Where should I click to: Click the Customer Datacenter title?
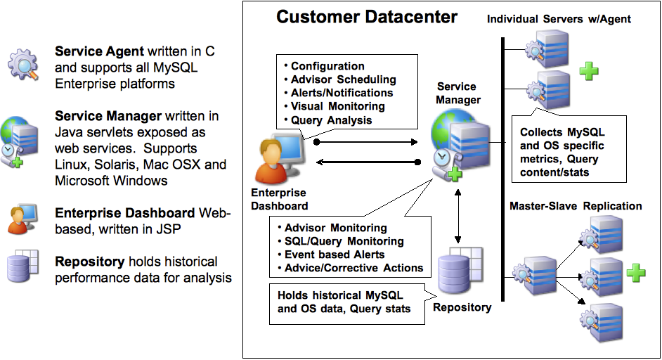(366, 17)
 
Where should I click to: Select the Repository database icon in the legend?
(21, 268)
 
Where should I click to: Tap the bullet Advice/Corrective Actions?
(353, 268)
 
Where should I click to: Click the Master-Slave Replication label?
(576, 206)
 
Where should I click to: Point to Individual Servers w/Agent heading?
(559, 19)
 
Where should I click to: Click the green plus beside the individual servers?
(588, 70)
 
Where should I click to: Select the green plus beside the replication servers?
(635, 273)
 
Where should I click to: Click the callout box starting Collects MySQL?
(562, 152)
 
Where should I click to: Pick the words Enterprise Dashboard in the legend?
(126, 212)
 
